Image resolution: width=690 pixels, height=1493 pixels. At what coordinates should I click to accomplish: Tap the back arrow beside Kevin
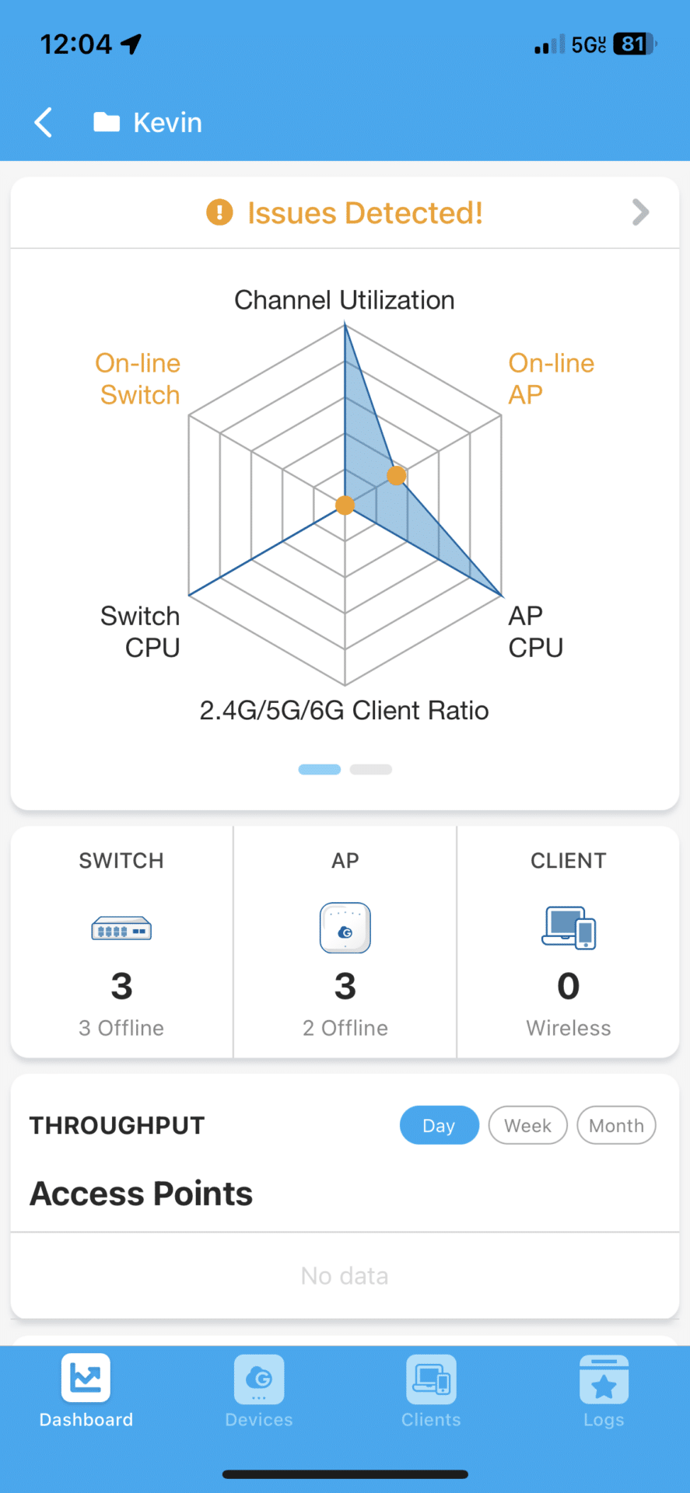[44, 122]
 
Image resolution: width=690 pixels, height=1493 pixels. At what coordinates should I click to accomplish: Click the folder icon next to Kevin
[107, 122]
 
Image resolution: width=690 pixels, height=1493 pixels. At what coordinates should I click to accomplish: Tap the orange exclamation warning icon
[219, 212]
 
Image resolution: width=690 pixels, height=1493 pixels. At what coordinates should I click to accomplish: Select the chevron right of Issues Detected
[640, 212]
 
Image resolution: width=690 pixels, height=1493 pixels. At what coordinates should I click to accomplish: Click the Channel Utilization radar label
[345, 300]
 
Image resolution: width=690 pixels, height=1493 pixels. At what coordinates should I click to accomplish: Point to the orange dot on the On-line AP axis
[396, 475]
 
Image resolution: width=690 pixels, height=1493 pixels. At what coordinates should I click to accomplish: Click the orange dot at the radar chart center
[345, 505]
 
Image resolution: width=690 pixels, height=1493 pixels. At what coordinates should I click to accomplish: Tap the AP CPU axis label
[535, 631]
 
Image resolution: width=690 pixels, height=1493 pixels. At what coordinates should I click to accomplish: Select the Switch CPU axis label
[141, 631]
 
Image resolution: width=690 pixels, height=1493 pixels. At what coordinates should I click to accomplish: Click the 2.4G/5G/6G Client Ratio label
[345, 711]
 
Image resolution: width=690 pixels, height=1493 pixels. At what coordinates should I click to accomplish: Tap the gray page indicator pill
[371, 770]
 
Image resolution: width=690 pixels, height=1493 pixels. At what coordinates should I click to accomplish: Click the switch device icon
[121, 928]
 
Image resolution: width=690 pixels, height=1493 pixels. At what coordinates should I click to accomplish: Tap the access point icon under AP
[345, 928]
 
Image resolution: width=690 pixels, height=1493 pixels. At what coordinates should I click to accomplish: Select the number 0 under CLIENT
[569, 986]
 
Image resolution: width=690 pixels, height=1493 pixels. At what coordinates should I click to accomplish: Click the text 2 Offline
[345, 1028]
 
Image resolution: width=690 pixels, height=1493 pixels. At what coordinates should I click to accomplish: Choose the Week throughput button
[528, 1125]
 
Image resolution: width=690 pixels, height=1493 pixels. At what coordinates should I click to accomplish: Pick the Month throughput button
[617, 1125]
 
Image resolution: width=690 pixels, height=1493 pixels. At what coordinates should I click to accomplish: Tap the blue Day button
[440, 1125]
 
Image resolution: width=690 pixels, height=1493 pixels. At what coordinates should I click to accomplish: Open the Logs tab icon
[604, 1379]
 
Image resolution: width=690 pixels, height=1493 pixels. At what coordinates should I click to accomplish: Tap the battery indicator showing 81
[635, 44]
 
